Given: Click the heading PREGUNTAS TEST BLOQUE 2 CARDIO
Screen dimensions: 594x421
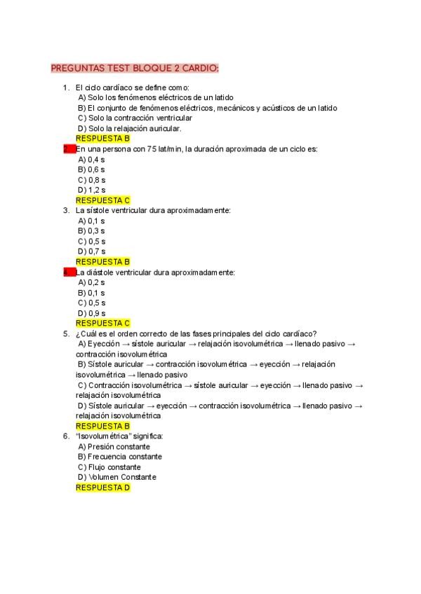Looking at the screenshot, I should pos(135,68).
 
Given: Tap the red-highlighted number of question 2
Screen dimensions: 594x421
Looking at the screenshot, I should pos(69,148).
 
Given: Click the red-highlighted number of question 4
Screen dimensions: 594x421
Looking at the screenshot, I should pos(69,272).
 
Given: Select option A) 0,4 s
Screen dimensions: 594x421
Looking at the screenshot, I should pos(91,159).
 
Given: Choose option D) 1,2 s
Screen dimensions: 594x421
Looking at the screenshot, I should pos(91,190).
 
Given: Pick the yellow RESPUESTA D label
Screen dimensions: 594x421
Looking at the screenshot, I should pos(102,488).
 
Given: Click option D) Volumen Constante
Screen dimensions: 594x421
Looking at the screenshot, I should pos(117,477).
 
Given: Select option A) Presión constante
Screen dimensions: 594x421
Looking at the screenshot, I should pos(114,446).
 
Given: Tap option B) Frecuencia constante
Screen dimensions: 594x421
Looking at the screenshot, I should pos(120,457).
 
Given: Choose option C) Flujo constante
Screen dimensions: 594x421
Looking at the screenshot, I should pos(109,467).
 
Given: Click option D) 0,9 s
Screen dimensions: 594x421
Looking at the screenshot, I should pos(91,313).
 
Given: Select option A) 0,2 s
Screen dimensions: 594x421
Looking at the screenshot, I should pos(91,282).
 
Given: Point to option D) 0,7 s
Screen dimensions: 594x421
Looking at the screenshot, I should pos(91,251).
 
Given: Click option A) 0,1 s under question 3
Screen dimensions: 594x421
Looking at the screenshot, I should pos(91,221).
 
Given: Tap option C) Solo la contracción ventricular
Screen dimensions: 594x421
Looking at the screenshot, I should pos(135,118).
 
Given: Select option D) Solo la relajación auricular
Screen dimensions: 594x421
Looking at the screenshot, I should pos(130,128).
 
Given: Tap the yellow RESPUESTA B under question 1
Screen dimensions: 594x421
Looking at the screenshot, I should pos(102,139).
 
